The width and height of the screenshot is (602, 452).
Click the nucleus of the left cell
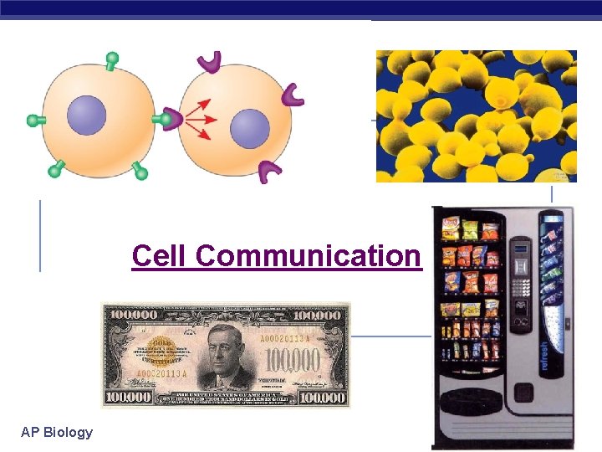click(x=86, y=116)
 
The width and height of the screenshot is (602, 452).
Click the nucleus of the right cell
click(x=249, y=130)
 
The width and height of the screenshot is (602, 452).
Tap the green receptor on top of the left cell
click(x=111, y=60)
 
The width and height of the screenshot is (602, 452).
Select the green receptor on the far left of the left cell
click(x=35, y=121)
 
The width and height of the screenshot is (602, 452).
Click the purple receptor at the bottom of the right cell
click(x=269, y=172)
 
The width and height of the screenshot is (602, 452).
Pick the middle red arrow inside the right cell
click(x=201, y=121)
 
